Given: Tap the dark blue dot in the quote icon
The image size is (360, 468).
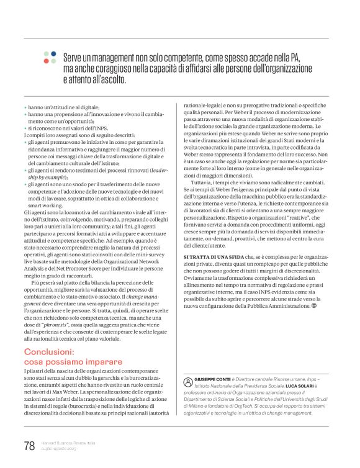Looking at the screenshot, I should point(54,54).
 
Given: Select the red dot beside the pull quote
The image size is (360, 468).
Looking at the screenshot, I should point(47,61).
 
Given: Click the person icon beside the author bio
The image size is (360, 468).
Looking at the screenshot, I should point(188,379).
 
